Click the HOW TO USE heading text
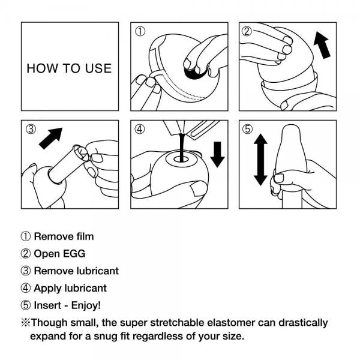tap(69, 68)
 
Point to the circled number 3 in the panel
tap(31, 128)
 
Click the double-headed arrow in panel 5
tap(260, 160)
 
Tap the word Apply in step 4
tap(47, 289)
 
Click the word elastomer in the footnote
tap(221, 323)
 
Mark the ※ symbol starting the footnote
tap(26, 323)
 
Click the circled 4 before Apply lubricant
tap(26, 289)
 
